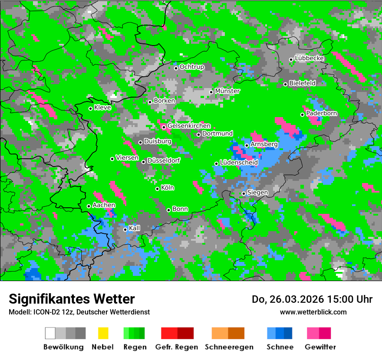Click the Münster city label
(227, 91)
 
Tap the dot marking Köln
(158, 189)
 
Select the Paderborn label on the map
(322, 114)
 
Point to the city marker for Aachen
(89, 206)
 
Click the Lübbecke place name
(310, 58)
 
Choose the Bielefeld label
(303, 83)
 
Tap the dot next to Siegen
(244, 193)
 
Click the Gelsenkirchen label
(189, 126)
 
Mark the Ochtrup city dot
(176, 68)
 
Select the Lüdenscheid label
(239, 163)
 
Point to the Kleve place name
(103, 108)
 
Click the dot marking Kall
(125, 229)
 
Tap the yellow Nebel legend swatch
(103, 333)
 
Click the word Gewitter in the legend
(320, 347)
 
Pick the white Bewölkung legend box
(50, 333)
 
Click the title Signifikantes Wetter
(72, 299)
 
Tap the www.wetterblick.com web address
(313, 312)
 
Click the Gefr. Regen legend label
(177, 347)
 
